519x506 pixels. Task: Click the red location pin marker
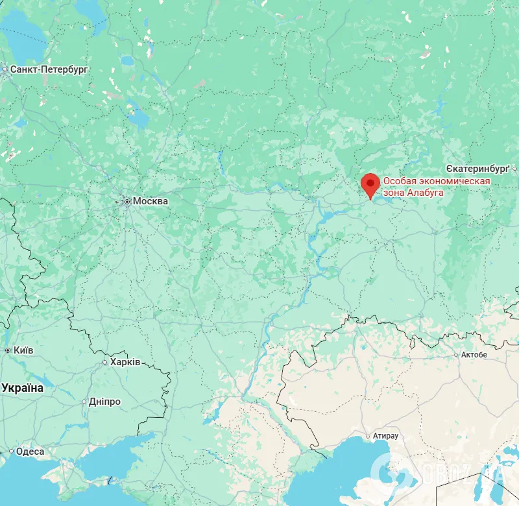(370, 184)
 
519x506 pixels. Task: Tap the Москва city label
(150, 201)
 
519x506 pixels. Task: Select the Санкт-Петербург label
(49, 69)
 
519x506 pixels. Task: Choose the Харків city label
(125, 362)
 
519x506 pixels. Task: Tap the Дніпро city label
(104, 402)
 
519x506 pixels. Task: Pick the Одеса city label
(30, 452)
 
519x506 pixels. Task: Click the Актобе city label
(474, 355)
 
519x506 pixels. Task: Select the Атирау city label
(387, 436)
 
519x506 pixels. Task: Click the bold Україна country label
(23, 388)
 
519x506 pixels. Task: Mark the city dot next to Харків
(105, 363)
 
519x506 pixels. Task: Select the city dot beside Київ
(8, 351)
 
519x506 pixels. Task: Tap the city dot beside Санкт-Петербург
(5, 69)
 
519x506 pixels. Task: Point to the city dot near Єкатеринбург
(514, 169)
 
